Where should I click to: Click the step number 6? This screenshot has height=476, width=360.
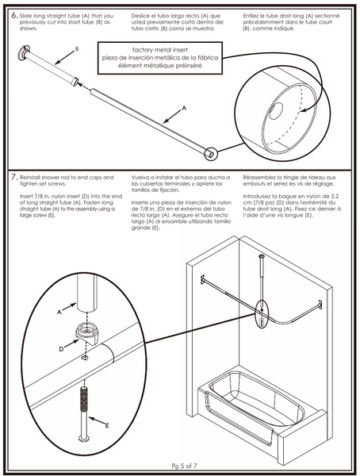tap(14, 16)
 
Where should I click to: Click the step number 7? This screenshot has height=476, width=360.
tap(14, 177)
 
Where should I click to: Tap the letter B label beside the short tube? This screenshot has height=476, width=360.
tap(77, 49)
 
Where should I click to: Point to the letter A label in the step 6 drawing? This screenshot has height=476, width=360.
tap(184, 108)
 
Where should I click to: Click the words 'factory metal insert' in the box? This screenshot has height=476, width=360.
tap(160, 50)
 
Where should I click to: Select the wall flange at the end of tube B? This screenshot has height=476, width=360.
tap(24, 52)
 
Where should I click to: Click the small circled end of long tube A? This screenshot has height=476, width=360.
tap(211, 154)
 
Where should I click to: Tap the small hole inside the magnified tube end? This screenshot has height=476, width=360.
tap(277, 110)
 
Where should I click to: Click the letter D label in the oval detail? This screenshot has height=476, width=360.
tap(61, 349)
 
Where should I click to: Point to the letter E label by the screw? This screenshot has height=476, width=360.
tap(107, 425)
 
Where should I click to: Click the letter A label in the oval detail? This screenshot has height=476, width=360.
tap(59, 312)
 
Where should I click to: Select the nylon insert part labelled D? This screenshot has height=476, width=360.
tap(88, 333)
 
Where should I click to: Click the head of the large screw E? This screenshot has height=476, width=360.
tap(83, 438)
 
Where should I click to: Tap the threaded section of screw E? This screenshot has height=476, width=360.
tap(84, 398)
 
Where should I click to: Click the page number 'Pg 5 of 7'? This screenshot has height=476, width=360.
tap(184, 466)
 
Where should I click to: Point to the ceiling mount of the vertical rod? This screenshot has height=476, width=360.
tap(262, 256)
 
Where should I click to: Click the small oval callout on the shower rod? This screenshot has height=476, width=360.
tap(262, 314)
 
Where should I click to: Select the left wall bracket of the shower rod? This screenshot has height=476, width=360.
tap(202, 279)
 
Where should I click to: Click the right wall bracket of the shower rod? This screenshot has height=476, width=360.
tap(320, 305)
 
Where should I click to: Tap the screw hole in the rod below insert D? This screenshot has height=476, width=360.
tap(85, 358)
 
